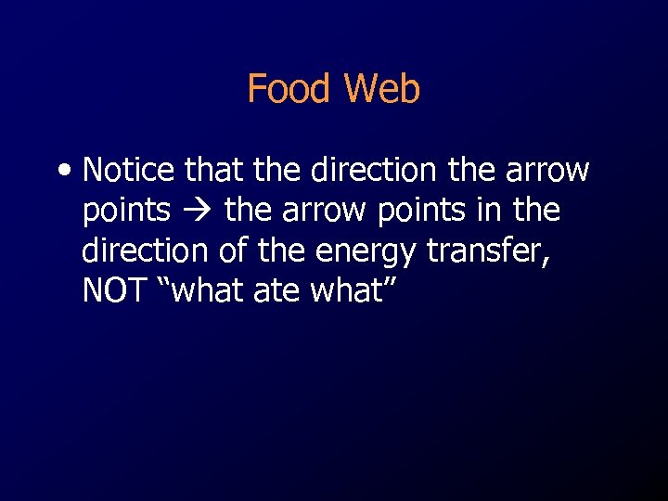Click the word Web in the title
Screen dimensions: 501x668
(x=382, y=89)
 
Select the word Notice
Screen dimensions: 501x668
(x=129, y=171)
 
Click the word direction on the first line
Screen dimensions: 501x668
(x=369, y=171)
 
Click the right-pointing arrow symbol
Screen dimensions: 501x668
(x=197, y=212)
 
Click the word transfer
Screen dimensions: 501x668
(x=488, y=251)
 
